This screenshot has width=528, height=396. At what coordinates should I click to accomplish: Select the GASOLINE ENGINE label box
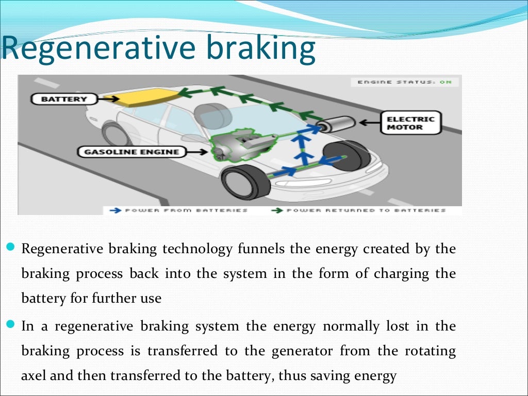click(131, 152)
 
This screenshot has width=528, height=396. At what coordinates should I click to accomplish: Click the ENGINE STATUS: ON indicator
click(405, 82)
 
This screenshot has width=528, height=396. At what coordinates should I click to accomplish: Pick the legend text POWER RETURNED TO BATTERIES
click(366, 210)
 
